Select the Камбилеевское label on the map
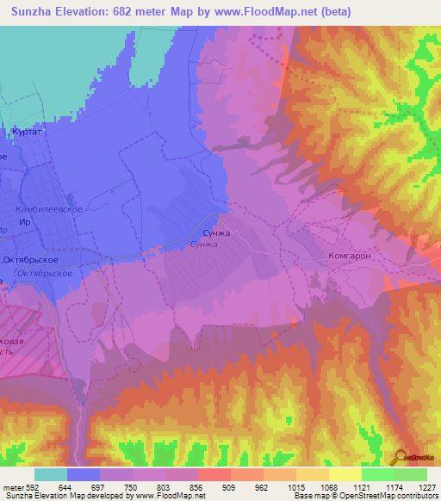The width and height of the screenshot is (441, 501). pyautogui.click(x=49, y=209)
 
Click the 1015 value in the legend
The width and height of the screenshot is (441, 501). pyautogui.click(x=295, y=487)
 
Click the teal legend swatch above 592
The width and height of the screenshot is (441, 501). pyautogui.click(x=51, y=474)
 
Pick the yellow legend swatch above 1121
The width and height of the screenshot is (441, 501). pyautogui.click(x=345, y=474)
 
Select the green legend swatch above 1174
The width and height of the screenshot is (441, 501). pyautogui.click(x=377, y=474)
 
